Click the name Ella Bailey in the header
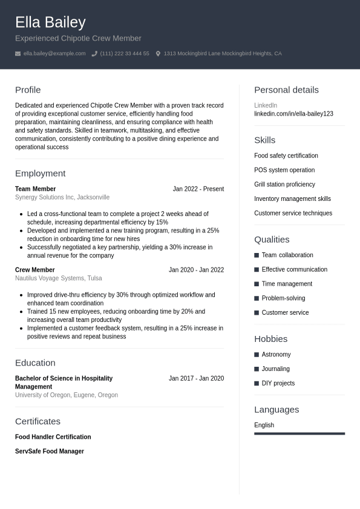click(x=50, y=22)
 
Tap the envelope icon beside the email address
click(x=18, y=54)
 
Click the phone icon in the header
click(x=94, y=54)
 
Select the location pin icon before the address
click(x=158, y=54)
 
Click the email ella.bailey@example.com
click(x=54, y=54)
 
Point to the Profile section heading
click(x=28, y=90)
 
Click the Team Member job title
click(x=35, y=189)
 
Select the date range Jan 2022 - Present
click(x=198, y=189)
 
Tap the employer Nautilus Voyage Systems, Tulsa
click(x=58, y=278)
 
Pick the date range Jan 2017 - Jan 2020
click(x=196, y=378)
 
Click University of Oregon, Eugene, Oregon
click(x=67, y=395)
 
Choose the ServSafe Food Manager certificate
click(x=50, y=452)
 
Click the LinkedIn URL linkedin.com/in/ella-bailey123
click(x=293, y=114)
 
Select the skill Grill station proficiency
click(x=284, y=185)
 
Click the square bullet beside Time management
click(x=257, y=284)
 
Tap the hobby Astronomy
click(x=276, y=355)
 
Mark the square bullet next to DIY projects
click(x=257, y=384)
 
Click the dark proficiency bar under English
click(x=299, y=433)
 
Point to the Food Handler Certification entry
click(x=53, y=437)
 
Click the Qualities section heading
click(x=272, y=240)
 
